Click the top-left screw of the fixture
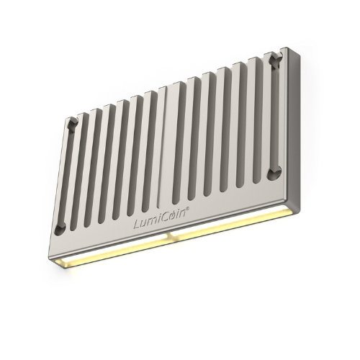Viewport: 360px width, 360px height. point(73,124)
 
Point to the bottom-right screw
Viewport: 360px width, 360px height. point(274,174)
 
